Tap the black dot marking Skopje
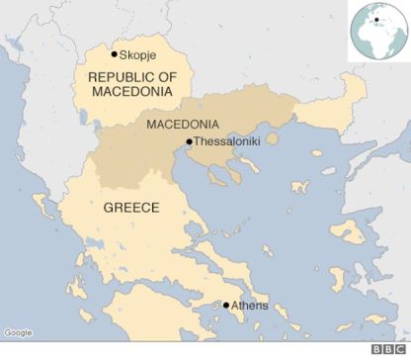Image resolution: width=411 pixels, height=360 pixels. pos(116,54)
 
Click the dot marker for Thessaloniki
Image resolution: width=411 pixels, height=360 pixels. pos(190,142)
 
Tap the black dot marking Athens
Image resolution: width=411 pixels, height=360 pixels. pos(226,306)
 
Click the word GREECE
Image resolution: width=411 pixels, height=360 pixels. pos(131,210)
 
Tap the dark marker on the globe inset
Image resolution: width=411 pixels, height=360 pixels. pos(376,18)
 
